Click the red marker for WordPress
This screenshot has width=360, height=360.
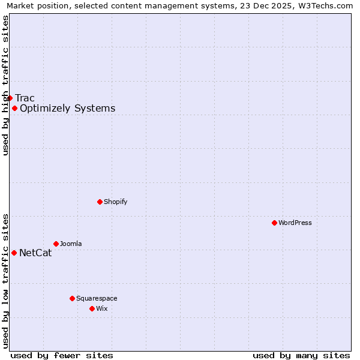[x=274, y=223]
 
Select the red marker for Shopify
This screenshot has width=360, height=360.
[x=100, y=202]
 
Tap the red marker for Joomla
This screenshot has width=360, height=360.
[x=56, y=244]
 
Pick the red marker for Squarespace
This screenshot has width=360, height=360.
[x=72, y=298]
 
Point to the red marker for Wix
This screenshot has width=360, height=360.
[x=92, y=308]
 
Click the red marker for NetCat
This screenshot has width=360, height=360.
[x=14, y=253]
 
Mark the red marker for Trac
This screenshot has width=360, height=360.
[x=10, y=98]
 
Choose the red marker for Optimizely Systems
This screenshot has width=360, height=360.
[x=14, y=108]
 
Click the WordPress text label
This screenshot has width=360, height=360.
[x=295, y=223]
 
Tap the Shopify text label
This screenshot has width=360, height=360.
[x=116, y=202]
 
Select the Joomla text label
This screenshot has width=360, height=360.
[x=71, y=244]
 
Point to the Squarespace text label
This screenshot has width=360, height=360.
[x=97, y=298]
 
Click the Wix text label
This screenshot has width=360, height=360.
[x=102, y=308]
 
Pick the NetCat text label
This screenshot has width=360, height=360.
[x=35, y=253]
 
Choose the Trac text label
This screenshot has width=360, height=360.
[x=25, y=98]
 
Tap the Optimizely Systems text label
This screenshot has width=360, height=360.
[x=67, y=108]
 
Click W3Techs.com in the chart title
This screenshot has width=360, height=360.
[x=329, y=6]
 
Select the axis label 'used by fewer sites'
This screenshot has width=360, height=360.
[x=62, y=355]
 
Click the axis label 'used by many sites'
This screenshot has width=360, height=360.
[x=301, y=355]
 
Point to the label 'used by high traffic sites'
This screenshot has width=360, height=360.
[x=6, y=85]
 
